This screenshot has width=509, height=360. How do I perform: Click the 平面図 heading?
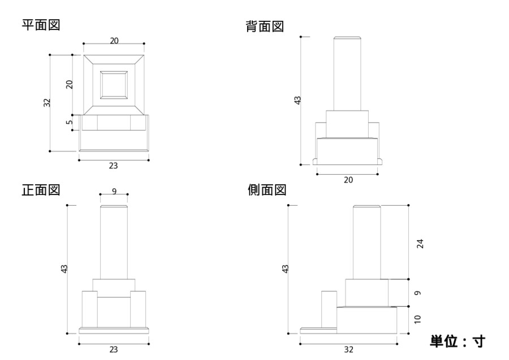pos(41,25)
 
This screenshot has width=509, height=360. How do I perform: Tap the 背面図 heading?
pos(265,26)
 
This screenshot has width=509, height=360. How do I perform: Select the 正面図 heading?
pos(41,190)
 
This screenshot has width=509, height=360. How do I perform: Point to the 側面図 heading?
pos(267,190)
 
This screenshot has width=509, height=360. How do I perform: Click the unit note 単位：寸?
pos(458,341)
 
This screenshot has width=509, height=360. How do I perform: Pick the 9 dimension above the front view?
pos(114,192)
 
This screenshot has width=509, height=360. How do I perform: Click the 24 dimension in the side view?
pos(420,244)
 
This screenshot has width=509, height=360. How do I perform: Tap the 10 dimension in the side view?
pos(418,319)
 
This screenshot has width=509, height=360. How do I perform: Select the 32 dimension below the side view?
pos(348,350)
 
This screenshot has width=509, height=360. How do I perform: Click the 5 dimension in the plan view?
pos(69,122)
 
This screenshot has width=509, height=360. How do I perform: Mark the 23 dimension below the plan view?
pos(113,166)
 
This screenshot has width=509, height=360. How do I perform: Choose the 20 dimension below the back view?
pos(348,180)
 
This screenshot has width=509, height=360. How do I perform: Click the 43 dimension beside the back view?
pos(297,100)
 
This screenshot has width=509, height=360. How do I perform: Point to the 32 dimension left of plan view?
pos(47,102)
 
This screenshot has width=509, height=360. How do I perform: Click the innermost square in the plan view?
pos(114,85)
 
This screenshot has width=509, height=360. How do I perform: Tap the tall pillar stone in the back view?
pos(347,73)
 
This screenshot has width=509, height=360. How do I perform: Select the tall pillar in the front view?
pos(114,242)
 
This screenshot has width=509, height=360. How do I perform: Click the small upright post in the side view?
pos(329,309)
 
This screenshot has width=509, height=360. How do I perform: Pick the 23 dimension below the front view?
pos(113,350)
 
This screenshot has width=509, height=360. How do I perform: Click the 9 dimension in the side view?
pos(418,293)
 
